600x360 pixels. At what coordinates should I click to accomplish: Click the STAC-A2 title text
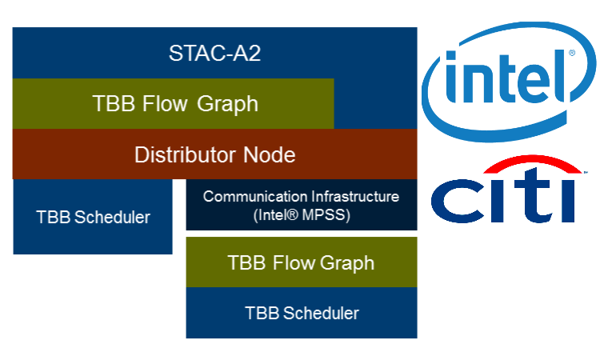pos(215,54)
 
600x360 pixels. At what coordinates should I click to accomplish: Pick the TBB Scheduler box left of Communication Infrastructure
pos(93,217)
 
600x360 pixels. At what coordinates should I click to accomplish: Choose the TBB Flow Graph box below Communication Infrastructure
pos(301,262)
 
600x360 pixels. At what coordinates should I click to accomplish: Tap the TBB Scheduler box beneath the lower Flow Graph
pos(301,313)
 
